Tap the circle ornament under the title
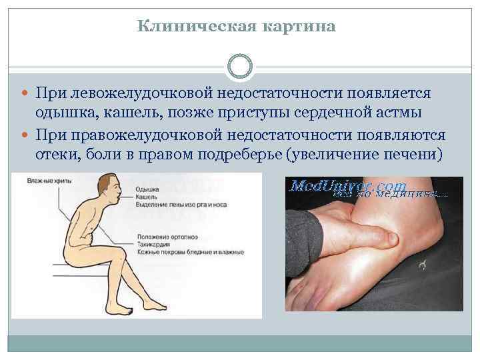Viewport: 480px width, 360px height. tap(240, 67)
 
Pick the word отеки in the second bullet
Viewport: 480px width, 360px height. tap(58, 155)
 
